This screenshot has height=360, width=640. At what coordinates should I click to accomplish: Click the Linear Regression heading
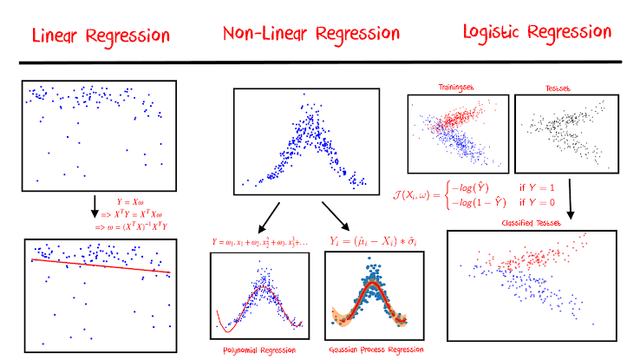100,36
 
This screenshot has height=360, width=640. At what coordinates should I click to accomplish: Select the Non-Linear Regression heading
310,35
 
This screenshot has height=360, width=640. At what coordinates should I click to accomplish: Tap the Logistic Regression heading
536,33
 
